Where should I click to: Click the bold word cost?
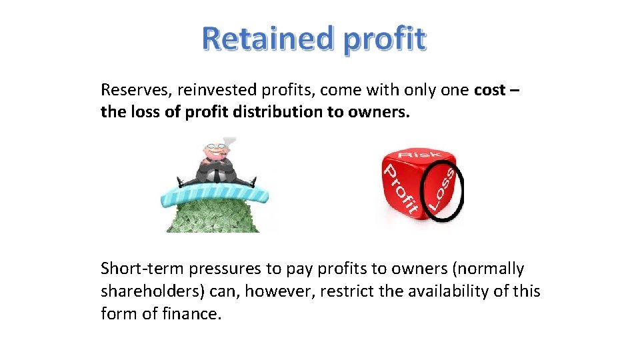point(490,91)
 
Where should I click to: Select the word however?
point(284,291)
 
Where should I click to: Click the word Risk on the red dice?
point(417,159)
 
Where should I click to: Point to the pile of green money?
point(213,216)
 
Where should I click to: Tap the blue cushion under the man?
point(213,194)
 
